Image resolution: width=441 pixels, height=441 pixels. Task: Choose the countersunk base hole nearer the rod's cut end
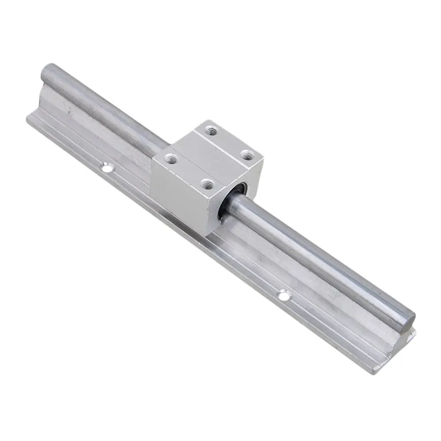click(x=283, y=295)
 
